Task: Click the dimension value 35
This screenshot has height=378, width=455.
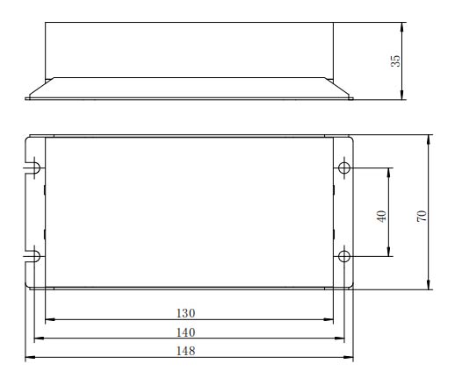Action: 395,61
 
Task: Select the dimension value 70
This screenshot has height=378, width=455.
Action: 422,216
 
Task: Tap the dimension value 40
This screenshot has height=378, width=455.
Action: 381,216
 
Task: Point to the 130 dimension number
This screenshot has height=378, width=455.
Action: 185,313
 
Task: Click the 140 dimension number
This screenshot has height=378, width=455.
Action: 185,332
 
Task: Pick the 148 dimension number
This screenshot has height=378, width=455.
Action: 185,351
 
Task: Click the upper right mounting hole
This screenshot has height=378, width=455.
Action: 344,168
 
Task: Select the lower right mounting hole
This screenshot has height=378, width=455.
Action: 344,256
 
